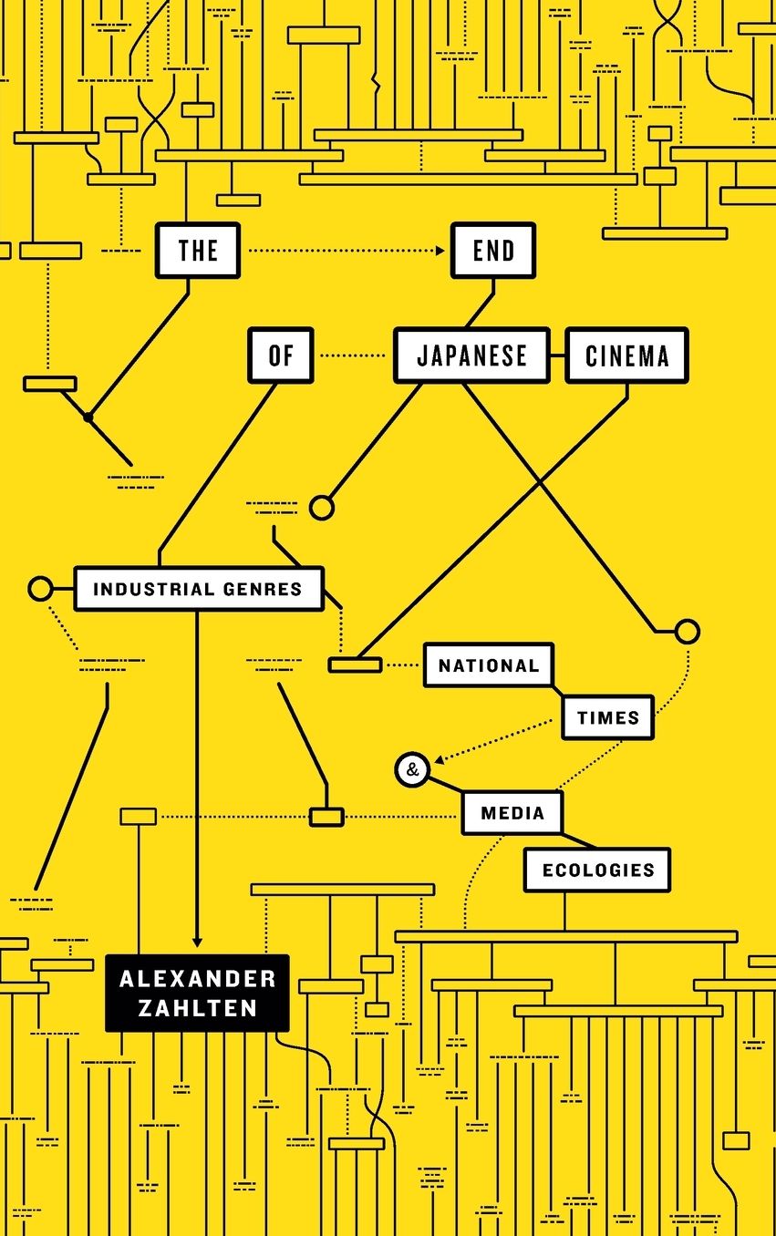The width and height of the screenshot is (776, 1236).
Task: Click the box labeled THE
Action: [198, 250]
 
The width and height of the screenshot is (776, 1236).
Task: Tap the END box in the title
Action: [493, 250]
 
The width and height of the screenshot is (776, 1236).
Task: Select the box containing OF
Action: [280, 355]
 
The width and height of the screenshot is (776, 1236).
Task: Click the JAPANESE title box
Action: [472, 355]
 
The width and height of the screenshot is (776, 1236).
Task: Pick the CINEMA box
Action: [627, 355]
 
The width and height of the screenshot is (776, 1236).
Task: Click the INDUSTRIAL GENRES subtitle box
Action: [199, 589]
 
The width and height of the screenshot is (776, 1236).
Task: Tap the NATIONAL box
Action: [489, 664]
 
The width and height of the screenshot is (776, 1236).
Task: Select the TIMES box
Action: [608, 717]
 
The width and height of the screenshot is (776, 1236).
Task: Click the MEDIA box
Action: [512, 813]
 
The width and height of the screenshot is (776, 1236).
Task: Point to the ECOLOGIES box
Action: [598, 870]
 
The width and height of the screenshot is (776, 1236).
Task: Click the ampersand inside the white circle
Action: [412, 769]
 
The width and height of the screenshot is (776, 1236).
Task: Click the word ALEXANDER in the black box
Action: [198, 979]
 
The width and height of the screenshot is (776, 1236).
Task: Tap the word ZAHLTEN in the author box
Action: [198, 1008]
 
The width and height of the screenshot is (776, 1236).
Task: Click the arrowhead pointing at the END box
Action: [440, 251]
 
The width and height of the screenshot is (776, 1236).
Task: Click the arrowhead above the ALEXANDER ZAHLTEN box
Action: [197, 942]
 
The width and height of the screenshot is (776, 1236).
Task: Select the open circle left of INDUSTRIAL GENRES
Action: [41, 589]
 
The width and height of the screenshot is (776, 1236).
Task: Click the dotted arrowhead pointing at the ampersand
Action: [439, 759]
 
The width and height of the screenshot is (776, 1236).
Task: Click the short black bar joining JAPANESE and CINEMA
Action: [557, 355]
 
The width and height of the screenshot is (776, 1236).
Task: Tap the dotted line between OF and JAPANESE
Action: [353, 355]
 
